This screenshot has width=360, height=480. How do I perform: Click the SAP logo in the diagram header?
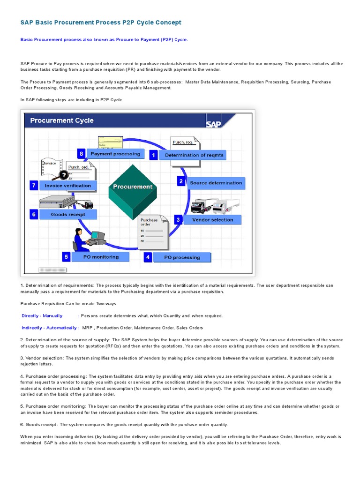[x=213, y=124]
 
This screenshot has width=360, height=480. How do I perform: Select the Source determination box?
[x=216, y=183]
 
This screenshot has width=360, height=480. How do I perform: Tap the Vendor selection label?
[x=212, y=219]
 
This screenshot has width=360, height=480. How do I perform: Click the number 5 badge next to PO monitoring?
[x=67, y=257]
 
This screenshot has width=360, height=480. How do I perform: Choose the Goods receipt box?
[x=68, y=214]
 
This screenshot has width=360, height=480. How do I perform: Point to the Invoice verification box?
[x=68, y=186]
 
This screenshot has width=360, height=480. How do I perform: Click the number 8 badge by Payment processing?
[x=82, y=153]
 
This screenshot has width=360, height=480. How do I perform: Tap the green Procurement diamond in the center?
[x=133, y=186]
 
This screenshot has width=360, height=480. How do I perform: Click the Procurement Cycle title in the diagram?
[x=62, y=120]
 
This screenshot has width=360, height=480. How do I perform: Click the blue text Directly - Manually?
[x=42, y=316]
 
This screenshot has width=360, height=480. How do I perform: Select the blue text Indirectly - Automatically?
[x=49, y=328]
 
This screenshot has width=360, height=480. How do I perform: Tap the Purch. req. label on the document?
[x=181, y=142]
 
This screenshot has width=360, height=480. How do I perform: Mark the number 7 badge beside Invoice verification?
[x=34, y=186]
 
